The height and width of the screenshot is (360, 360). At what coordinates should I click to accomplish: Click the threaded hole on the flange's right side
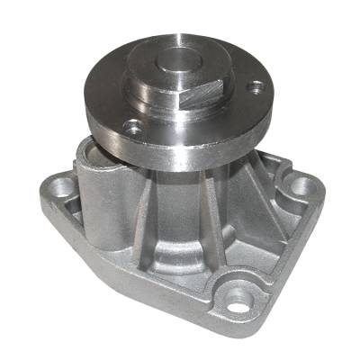point(257,87)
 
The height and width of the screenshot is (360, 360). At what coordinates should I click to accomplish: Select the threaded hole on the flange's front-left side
point(134,129)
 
